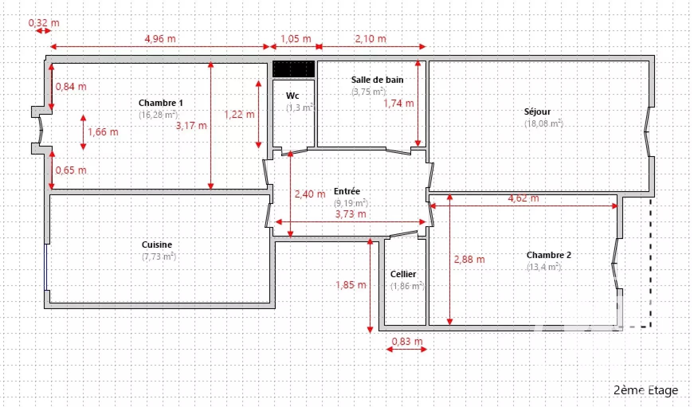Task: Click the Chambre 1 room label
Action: [x=161, y=103]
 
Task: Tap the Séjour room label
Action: [x=537, y=112]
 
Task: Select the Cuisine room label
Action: [x=157, y=245]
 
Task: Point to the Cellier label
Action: [x=403, y=274]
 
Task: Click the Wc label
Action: [x=292, y=96]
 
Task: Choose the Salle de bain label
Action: [x=377, y=80]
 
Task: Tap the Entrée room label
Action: [x=347, y=191]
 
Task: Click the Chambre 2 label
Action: [x=549, y=255]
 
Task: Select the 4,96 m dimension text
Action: [x=160, y=39]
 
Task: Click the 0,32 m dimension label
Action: [x=44, y=23]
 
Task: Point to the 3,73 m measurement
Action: [x=351, y=214]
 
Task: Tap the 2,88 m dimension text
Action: [x=469, y=259]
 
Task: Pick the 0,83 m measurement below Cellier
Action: [x=407, y=341]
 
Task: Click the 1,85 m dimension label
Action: [x=351, y=285]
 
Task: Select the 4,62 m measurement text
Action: [x=523, y=198]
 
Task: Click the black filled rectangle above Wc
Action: [x=294, y=69]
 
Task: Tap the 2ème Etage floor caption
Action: [x=645, y=390]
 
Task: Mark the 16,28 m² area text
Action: [x=158, y=115]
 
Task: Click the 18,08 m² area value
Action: [x=543, y=123]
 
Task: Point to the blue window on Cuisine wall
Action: [x=46, y=267]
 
